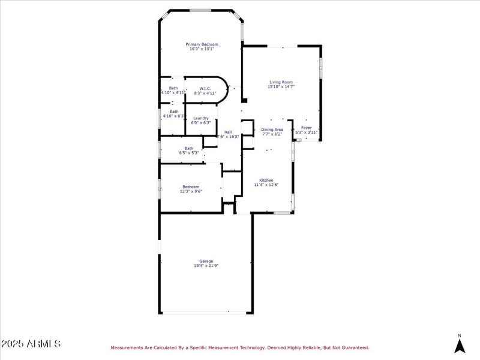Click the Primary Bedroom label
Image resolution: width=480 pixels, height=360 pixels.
point(202,44)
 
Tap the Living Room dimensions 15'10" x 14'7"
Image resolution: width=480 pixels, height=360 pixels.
point(281,86)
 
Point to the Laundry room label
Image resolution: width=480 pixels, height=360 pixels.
point(200,118)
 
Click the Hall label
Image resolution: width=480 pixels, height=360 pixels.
point(228,132)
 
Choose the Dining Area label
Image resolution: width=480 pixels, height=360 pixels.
point(272,129)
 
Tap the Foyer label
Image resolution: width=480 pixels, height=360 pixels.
point(306,128)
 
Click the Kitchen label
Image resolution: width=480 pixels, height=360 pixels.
point(266,180)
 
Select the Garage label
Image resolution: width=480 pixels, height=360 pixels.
point(206,260)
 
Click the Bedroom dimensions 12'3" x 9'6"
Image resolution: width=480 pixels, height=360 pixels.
point(191,191)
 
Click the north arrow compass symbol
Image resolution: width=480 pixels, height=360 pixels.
point(460,345)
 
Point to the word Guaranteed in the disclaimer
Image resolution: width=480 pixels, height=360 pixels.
point(353,347)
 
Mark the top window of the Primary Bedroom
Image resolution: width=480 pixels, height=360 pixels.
point(200,10)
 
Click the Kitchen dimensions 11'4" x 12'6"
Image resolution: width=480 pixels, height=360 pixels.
point(266,185)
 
